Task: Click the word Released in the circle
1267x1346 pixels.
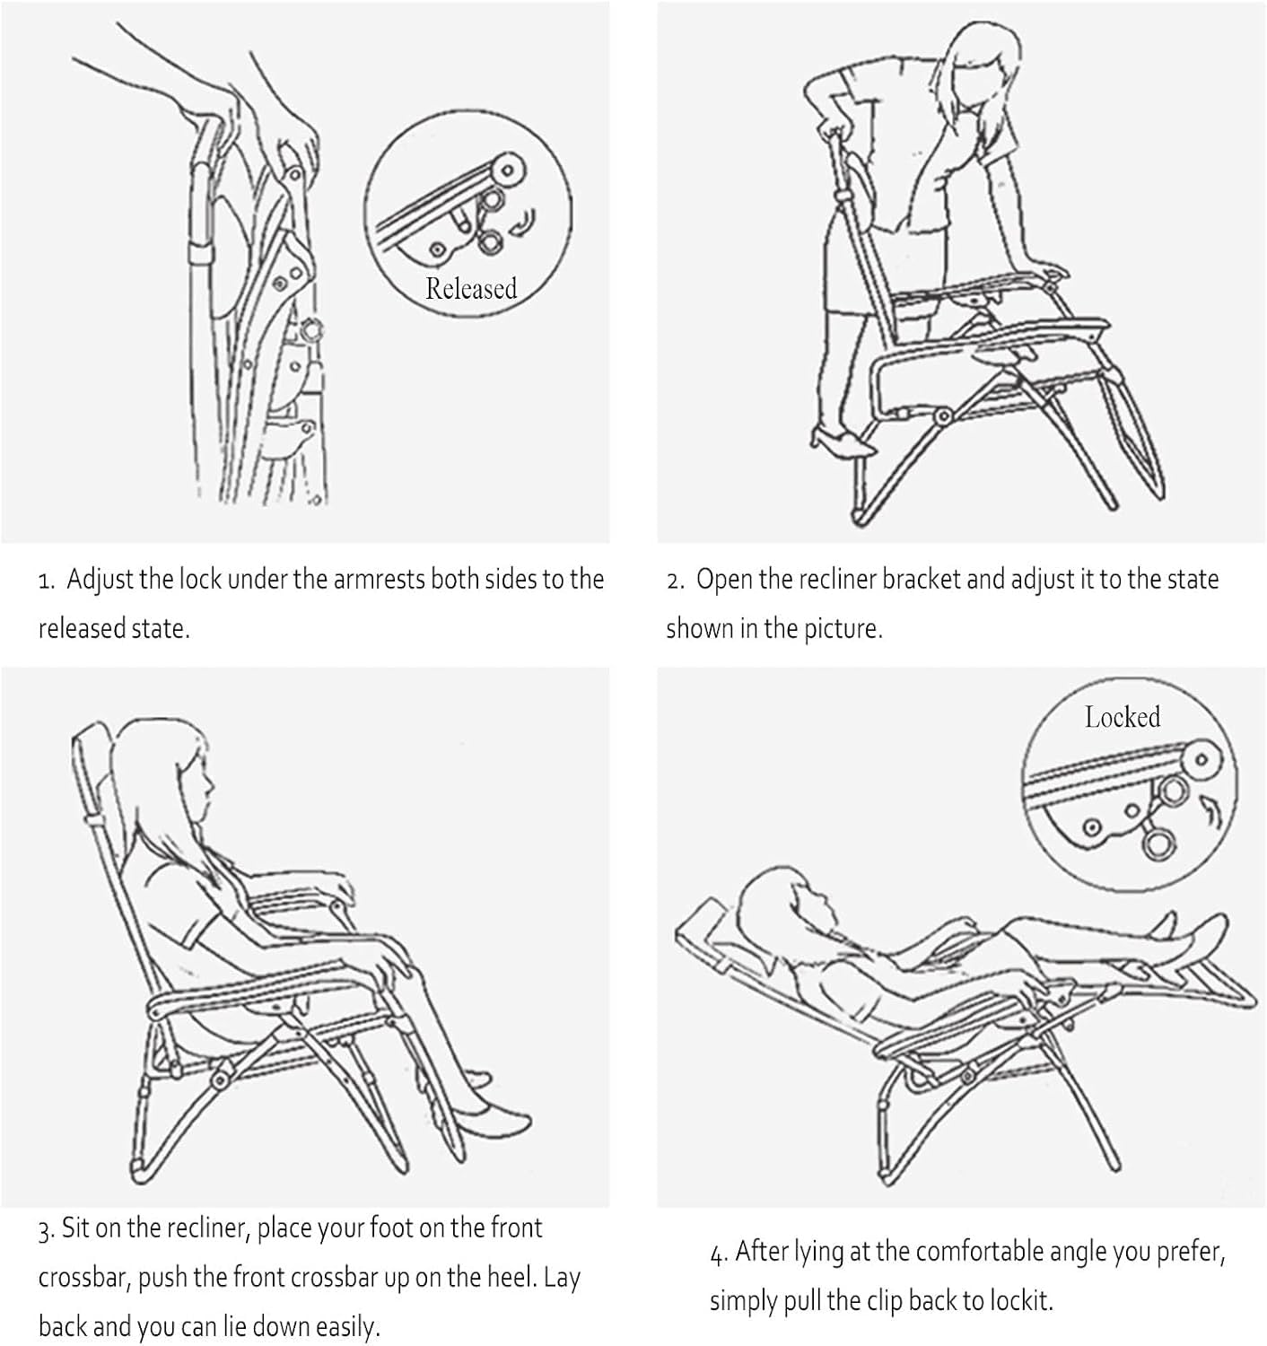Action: point(471,288)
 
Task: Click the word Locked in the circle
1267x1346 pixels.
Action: point(1123,717)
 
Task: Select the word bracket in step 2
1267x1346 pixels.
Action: point(922,580)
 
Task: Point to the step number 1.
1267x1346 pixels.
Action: point(46,581)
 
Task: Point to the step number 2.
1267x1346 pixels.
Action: point(676,581)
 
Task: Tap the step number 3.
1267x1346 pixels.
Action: point(47,1230)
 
